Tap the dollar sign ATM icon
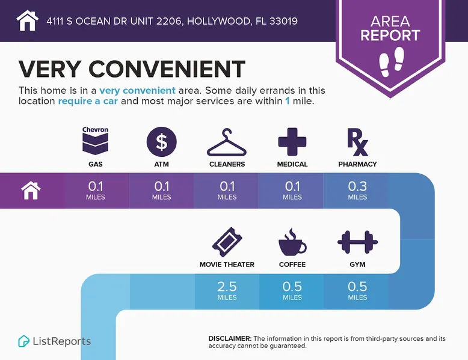(x=162, y=142)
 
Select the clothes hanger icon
(x=227, y=142)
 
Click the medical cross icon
(x=292, y=142)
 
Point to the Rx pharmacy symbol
(x=357, y=142)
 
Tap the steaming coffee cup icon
(x=292, y=242)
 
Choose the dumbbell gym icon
(x=357, y=242)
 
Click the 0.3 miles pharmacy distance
(x=357, y=190)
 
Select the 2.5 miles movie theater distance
(x=227, y=290)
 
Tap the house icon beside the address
(x=27, y=20)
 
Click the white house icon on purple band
(x=31, y=191)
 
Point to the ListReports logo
(x=55, y=341)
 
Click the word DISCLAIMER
(x=230, y=339)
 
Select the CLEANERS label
(x=227, y=164)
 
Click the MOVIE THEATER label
(x=227, y=264)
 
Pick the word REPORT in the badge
(x=390, y=36)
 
